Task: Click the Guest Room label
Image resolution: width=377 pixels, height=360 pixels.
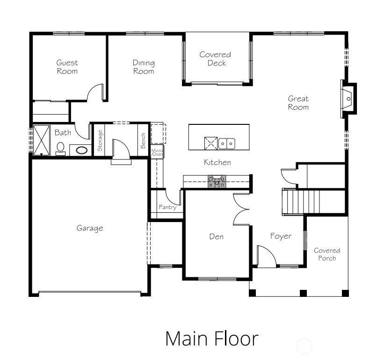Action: (67, 67)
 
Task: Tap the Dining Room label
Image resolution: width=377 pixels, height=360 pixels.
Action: (144, 67)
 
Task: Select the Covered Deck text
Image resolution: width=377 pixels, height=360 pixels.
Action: (215, 58)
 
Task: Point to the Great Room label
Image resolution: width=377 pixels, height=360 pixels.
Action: (298, 102)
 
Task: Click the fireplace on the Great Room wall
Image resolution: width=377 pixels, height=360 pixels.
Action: (348, 99)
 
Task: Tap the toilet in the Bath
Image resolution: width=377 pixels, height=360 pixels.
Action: (60, 149)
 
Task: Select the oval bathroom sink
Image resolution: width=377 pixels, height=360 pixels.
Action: (81, 151)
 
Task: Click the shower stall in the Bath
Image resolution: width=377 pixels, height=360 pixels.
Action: (41, 140)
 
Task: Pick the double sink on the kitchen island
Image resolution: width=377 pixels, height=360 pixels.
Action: (227, 144)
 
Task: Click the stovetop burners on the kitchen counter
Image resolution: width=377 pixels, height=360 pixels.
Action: (217, 181)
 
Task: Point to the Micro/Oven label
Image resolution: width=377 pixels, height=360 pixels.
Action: (157, 152)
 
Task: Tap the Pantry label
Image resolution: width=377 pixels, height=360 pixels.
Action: (168, 207)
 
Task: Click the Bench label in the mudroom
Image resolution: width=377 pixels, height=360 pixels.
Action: (143, 141)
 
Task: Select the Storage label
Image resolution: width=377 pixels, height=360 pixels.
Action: (100, 141)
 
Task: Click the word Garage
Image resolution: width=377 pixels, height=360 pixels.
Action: (90, 228)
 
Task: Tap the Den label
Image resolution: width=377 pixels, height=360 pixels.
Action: (217, 237)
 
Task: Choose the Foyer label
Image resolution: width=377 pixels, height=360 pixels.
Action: (281, 236)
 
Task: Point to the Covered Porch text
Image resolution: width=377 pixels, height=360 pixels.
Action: (327, 254)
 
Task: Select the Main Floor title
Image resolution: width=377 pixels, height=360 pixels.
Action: (212, 338)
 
